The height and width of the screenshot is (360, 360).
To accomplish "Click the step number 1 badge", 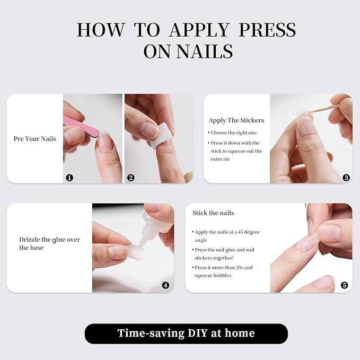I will [x=69, y=178].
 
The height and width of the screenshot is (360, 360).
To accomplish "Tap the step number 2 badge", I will [x=131, y=178].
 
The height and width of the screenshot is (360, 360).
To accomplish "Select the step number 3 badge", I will [x=346, y=178].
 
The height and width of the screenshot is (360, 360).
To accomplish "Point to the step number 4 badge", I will [x=165, y=285].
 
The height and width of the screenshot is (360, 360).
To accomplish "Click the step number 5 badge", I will [x=344, y=285].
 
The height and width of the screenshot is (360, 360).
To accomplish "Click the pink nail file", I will [x=80, y=127].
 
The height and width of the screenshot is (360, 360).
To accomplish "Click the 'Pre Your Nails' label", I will [x=34, y=139].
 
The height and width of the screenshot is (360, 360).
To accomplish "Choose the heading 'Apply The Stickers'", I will [x=236, y=120].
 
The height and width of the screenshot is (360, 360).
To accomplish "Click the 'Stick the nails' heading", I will [x=213, y=213].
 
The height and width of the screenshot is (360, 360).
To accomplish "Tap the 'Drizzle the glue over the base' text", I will [x=49, y=243].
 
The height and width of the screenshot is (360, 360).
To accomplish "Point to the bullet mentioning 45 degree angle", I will [x=227, y=235].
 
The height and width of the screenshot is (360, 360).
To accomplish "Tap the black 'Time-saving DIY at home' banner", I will [x=186, y=333].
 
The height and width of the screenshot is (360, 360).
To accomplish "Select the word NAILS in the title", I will [x=204, y=51].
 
